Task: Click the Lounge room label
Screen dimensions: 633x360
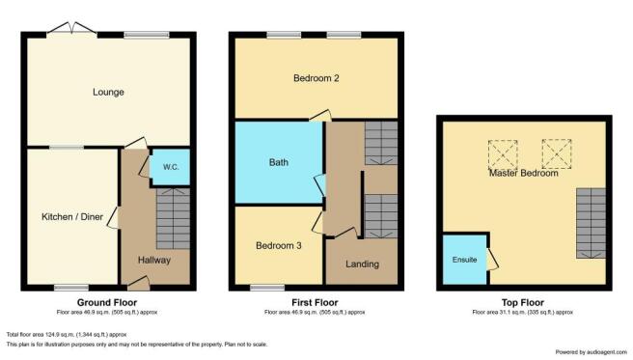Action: (x=108, y=92)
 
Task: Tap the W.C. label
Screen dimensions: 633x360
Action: (x=171, y=167)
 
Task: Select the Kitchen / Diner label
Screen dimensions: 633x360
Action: (x=72, y=217)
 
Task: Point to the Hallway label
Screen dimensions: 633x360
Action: (x=154, y=261)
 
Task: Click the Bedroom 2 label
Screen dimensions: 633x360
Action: (x=316, y=78)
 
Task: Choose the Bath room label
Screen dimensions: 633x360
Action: (x=279, y=162)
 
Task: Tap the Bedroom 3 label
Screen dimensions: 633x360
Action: (x=279, y=245)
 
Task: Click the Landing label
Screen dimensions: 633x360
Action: (x=362, y=263)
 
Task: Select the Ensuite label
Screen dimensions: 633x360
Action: (x=465, y=260)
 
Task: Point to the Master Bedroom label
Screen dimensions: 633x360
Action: (x=524, y=173)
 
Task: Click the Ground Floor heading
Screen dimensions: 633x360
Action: (x=107, y=302)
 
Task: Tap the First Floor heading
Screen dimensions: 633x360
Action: (x=315, y=302)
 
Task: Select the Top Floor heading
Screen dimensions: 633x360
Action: (x=523, y=302)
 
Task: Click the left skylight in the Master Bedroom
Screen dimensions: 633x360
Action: (x=503, y=155)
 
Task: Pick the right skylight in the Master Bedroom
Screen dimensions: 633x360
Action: (x=557, y=153)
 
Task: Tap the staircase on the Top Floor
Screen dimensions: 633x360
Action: (x=591, y=223)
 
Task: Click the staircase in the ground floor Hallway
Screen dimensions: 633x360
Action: (x=173, y=218)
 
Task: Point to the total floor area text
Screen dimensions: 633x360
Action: (x=67, y=335)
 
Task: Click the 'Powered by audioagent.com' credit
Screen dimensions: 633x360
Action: (x=591, y=352)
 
